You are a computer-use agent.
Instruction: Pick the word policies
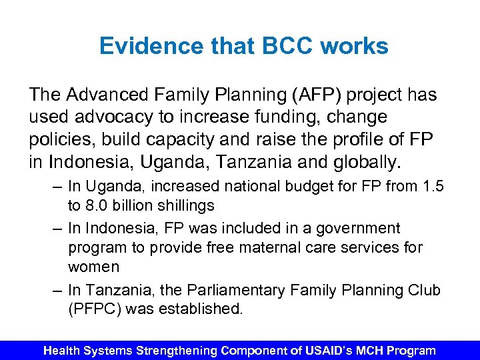click(63, 139)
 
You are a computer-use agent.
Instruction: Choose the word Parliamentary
click(227, 291)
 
